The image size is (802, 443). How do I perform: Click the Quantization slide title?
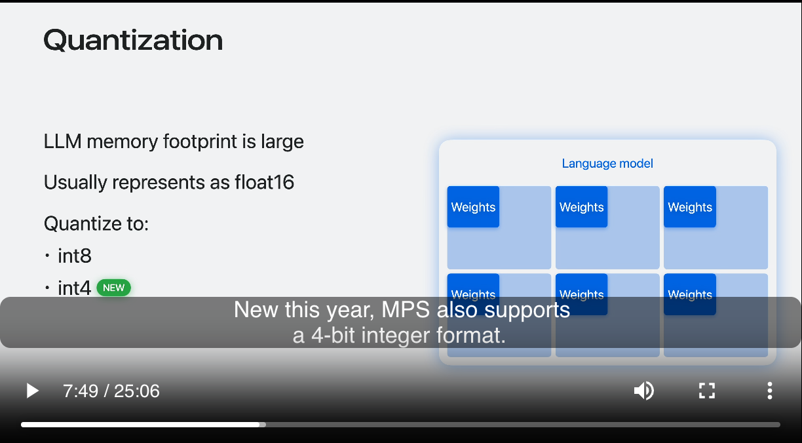[x=133, y=40]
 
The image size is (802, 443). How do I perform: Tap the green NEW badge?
[x=113, y=288]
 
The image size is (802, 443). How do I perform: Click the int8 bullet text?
[x=75, y=256]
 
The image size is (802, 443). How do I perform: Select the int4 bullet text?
[x=75, y=288]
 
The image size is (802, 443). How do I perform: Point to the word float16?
[x=264, y=182]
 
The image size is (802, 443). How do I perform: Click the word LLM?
[x=63, y=141]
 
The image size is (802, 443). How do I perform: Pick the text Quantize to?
[x=96, y=223]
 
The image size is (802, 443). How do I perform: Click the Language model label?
[x=607, y=163]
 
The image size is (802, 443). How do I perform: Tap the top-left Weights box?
[x=473, y=206]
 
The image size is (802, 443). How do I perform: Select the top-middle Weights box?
[x=581, y=206]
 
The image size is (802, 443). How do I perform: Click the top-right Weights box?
[x=690, y=206]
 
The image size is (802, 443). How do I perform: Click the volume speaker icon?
[x=643, y=391]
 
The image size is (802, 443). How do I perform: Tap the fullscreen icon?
[x=707, y=391]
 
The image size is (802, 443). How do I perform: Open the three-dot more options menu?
[x=769, y=391]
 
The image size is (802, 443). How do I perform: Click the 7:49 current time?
[x=81, y=391]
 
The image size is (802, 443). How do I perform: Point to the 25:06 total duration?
[x=137, y=391]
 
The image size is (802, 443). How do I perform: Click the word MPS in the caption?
[x=406, y=309]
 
